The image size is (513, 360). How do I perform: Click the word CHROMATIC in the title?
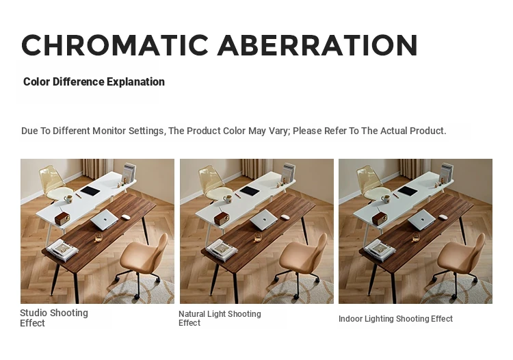(x=115, y=45)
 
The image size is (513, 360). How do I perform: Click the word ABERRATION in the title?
(x=317, y=45)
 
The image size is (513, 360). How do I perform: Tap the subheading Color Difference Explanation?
(x=94, y=82)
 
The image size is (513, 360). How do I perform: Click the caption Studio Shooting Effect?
(x=54, y=318)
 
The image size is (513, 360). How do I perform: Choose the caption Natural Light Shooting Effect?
(x=220, y=318)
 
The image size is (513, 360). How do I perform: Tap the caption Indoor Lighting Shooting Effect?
(x=395, y=319)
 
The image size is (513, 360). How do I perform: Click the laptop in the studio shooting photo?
(x=104, y=220)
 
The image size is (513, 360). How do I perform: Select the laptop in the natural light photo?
(x=263, y=220)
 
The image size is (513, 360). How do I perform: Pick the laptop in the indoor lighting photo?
(x=421, y=220)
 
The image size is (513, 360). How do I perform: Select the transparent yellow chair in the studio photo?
(x=52, y=183)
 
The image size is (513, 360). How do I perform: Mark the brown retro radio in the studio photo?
(x=62, y=218)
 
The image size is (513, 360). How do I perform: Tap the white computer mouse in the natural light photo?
(x=285, y=217)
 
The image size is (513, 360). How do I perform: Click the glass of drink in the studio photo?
(x=98, y=237)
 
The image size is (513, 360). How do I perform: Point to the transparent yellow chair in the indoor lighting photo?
(x=369, y=183)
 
